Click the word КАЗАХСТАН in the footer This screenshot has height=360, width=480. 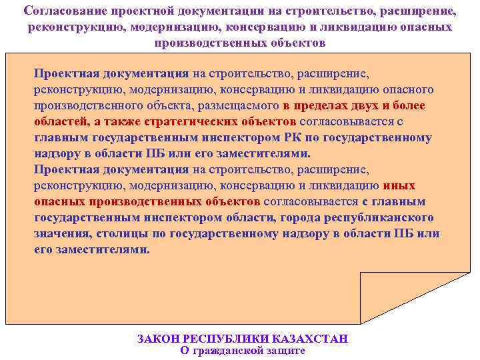311,339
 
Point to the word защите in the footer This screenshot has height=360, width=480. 286,350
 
